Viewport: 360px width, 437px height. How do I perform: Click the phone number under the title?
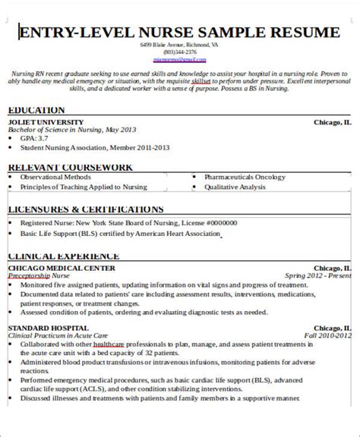click(x=180, y=52)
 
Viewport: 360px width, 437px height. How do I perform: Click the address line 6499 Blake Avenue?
click(x=180, y=46)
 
